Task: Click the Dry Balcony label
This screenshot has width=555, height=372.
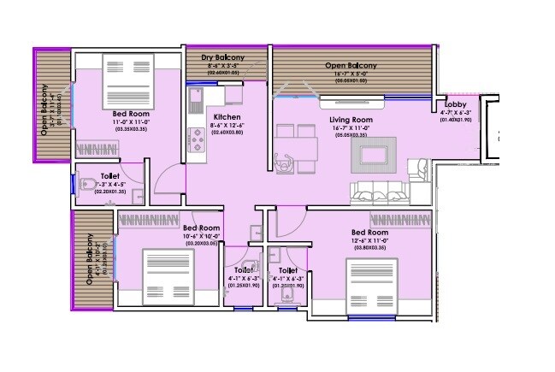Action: pyautogui.click(x=223, y=57)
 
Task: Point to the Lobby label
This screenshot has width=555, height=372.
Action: pyautogui.click(x=457, y=104)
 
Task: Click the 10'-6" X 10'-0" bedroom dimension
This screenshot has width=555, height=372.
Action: pyautogui.click(x=202, y=238)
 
